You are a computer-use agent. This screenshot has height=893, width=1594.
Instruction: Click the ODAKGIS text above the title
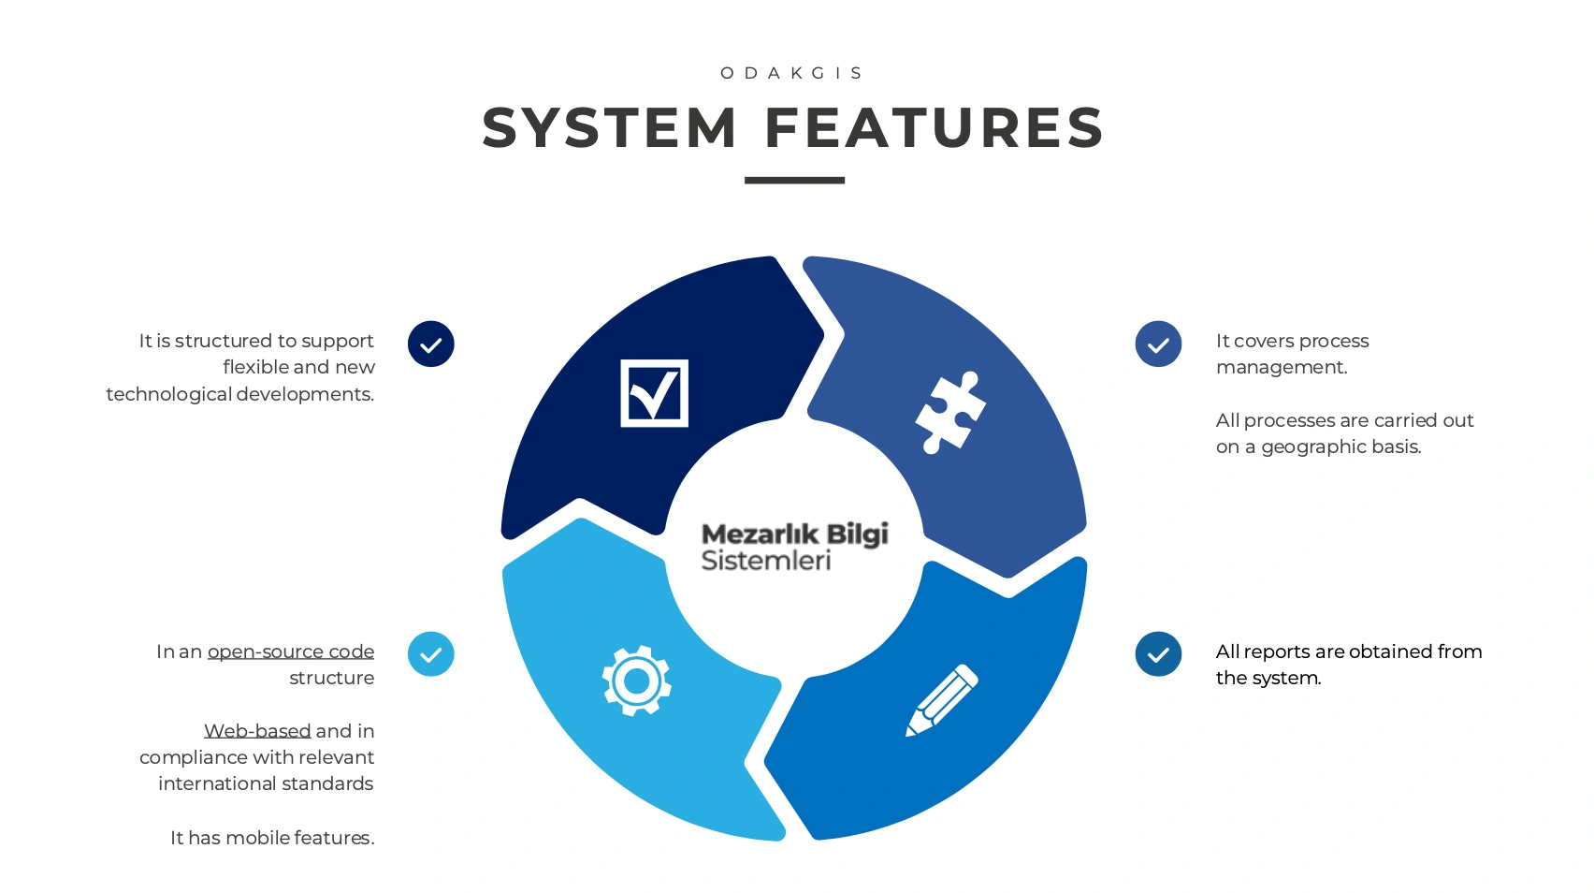click(x=792, y=73)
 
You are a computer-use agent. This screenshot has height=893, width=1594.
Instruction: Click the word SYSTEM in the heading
click(x=610, y=128)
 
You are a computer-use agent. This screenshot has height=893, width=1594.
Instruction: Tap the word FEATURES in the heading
click(x=935, y=128)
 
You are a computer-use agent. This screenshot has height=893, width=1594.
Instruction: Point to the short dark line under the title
click(x=794, y=180)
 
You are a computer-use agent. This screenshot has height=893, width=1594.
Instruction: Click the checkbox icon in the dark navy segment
click(x=654, y=393)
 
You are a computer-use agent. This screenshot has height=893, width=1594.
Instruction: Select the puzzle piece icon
click(x=949, y=412)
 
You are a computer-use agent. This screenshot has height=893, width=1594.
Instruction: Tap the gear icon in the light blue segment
click(x=636, y=681)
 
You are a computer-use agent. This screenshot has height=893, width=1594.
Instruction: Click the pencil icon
click(x=941, y=700)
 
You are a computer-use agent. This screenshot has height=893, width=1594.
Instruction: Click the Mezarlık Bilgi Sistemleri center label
click(x=794, y=547)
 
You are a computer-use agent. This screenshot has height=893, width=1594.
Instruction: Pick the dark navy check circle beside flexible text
click(x=431, y=344)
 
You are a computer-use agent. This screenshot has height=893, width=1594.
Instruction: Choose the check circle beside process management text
click(x=1158, y=344)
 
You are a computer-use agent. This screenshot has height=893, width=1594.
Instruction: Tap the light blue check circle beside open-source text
click(x=431, y=654)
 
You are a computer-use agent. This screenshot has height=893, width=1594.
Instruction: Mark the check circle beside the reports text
click(x=1158, y=654)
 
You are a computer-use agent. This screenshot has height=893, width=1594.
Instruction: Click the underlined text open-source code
click(x=291, y=651)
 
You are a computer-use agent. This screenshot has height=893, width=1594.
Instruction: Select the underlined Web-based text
click(x=257, y=731)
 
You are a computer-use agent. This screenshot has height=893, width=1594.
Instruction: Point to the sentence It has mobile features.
click(x=272, y=838)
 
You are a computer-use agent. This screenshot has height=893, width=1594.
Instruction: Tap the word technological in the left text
click(x=169, y=394)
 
